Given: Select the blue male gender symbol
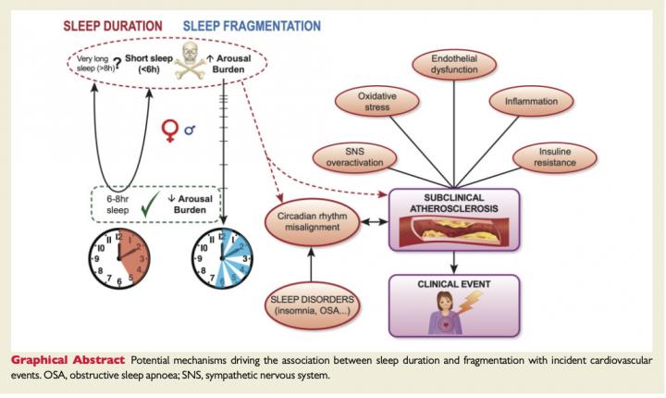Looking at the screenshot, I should [190, 131].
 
